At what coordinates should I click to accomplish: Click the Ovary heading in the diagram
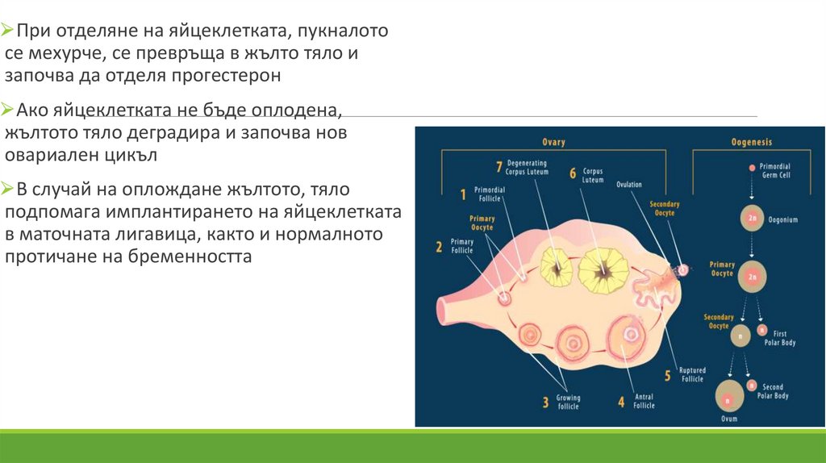point(553,142)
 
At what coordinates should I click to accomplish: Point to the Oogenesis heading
point(751,142)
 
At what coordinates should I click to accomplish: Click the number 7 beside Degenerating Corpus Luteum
point(501,168)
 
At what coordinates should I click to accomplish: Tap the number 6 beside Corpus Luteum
point(572,173)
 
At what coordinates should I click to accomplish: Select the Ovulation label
point(629,185)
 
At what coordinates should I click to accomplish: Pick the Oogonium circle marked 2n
point(751,218)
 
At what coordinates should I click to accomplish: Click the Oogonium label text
point(784,218)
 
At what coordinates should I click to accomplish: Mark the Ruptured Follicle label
point(692,374)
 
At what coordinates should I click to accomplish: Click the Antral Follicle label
point(644,401)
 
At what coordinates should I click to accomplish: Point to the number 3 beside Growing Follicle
point(545,400)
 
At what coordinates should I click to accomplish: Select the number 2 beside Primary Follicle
point(439,247)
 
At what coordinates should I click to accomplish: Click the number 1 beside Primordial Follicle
point(463,194)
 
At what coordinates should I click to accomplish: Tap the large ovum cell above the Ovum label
point(730,396)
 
